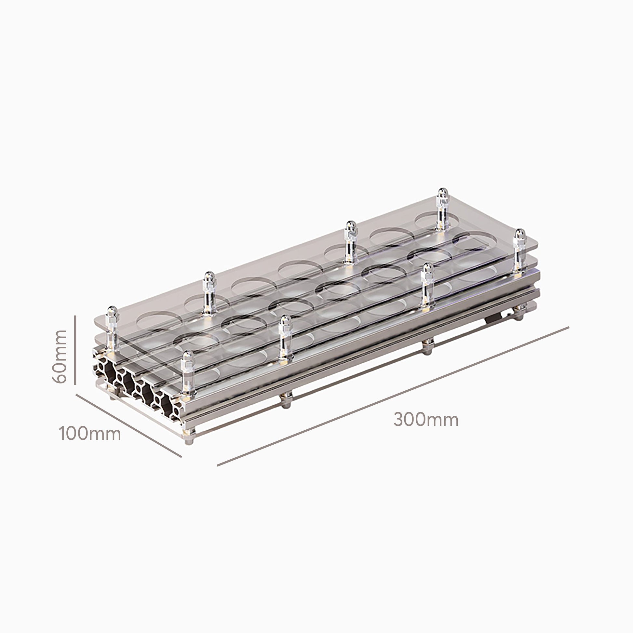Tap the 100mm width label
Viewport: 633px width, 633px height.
click(x=90, y=434)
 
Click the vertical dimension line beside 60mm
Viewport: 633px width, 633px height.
click(x=75, y=350)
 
